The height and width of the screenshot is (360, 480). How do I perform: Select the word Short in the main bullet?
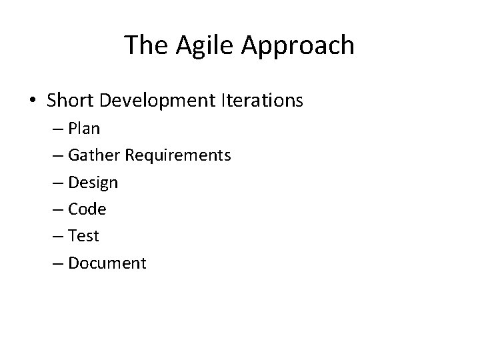click(x=72, y=101)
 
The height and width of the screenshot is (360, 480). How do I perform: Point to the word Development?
click(x=157, y=101)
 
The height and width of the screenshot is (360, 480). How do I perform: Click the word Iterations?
click(x=261, y=101)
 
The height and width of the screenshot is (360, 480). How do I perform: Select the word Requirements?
click(x=185, y=156)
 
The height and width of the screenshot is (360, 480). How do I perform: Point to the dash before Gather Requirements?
click(x=73, y=156)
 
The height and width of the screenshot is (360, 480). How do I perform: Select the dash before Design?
click(x=73, y=183)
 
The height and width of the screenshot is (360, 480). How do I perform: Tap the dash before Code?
click(x=73, y=209)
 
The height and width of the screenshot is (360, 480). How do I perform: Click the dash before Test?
click(x=73, y=236)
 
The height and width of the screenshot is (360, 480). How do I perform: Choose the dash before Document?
click(x=73, y=263)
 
